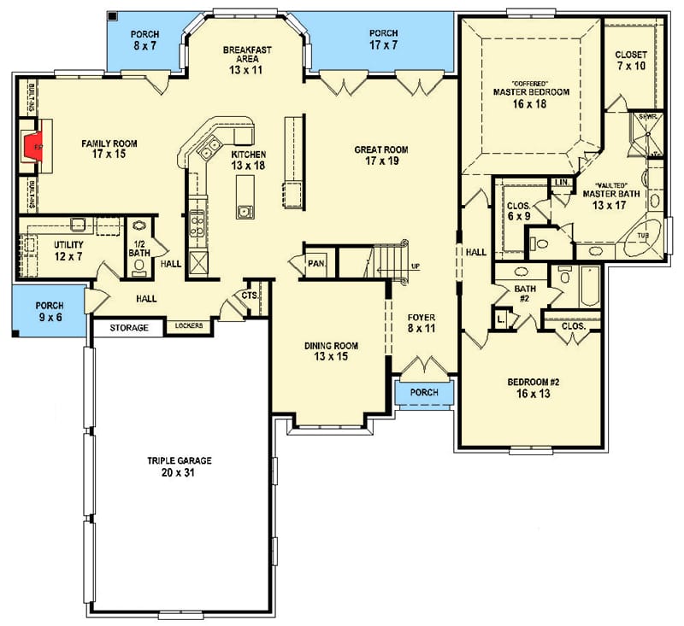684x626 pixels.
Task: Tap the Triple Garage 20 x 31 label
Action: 179,465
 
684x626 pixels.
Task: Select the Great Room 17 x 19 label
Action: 381,155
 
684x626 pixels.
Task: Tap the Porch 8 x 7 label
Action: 145,39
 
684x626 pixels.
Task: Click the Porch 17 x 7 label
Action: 383,38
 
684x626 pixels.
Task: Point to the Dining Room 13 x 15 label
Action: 332,351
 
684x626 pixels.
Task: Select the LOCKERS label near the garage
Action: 189,326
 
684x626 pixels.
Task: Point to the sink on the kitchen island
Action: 245,210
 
